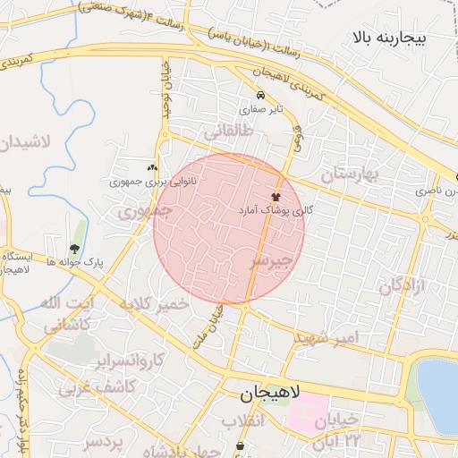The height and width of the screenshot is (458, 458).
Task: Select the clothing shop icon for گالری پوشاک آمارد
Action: (x=276, y=196)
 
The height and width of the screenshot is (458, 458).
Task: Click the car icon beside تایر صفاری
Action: (x=260, y=96)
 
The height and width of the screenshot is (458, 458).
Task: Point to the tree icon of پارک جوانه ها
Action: (x=73, y=250)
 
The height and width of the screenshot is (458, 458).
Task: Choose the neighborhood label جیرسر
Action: (x=271, y=261)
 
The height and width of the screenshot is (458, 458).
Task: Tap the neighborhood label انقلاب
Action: (x=245, y=420)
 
